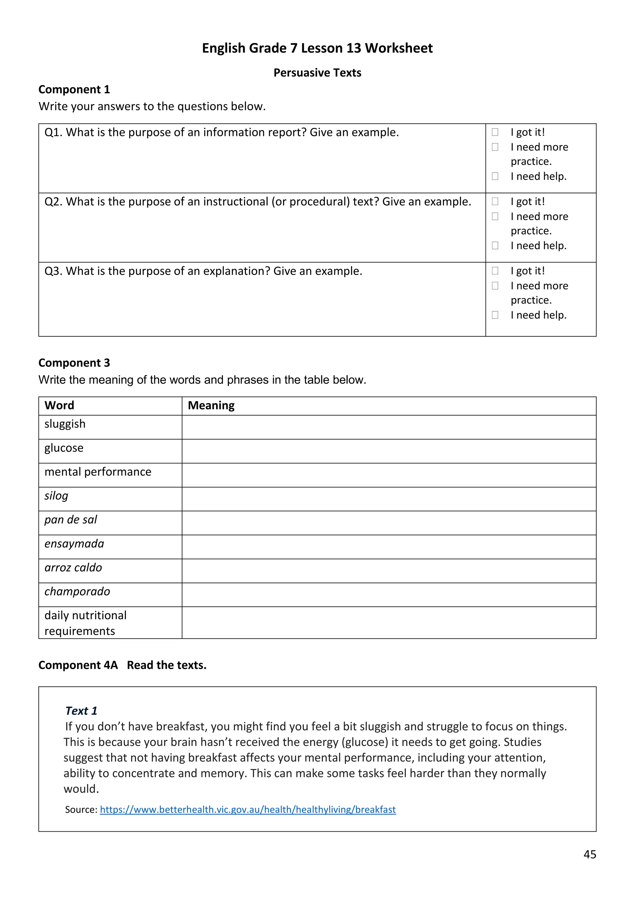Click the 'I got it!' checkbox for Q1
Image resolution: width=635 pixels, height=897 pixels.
495,132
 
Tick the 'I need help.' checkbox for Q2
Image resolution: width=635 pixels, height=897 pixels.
495,245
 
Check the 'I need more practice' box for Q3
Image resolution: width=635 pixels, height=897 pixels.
495,286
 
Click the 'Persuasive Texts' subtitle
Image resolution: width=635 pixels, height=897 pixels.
317,73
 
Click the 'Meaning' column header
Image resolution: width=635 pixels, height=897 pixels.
211,405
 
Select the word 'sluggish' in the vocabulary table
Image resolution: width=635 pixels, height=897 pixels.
65,424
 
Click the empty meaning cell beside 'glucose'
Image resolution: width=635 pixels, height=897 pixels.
389,451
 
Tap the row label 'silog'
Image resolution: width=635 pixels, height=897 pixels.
56,496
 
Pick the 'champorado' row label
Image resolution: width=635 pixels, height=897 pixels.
77,592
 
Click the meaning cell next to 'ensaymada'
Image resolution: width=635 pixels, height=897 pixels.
389,547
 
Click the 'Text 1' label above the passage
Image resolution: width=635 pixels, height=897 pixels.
81,710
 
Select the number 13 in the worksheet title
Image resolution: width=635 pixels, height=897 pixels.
353,48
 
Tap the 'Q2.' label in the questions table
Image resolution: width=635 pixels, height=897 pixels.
54,202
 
